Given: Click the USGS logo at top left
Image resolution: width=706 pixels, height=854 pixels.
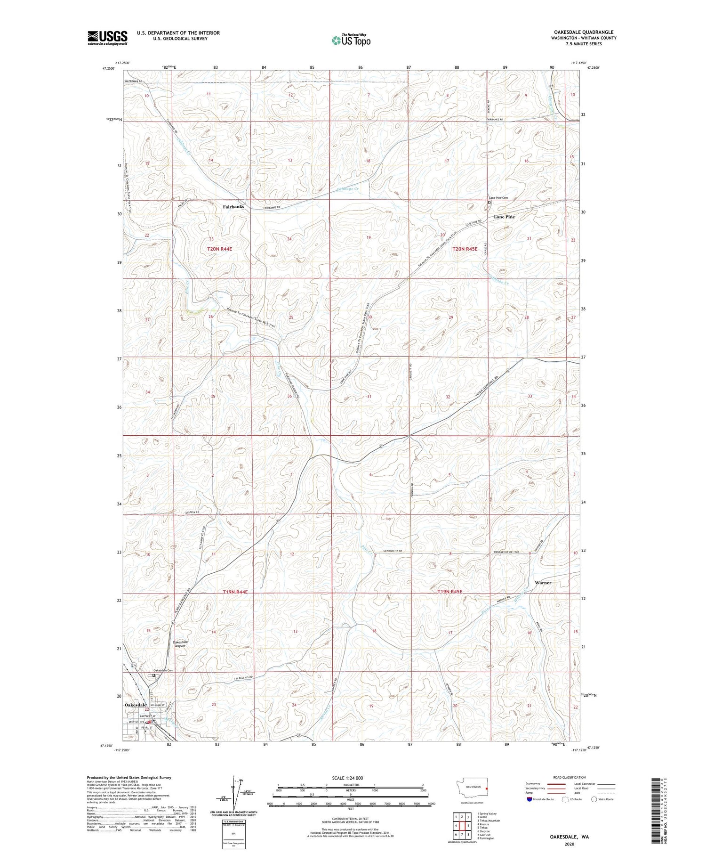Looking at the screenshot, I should coord(107,38).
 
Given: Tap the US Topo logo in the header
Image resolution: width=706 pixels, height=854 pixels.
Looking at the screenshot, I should coord(350,41).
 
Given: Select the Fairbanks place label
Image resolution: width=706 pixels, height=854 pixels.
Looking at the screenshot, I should coord(233,207).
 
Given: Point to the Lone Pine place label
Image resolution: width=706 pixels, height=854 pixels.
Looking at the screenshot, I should coord(504,217).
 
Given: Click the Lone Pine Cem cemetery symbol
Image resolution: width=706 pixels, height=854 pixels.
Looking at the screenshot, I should coord(489,203).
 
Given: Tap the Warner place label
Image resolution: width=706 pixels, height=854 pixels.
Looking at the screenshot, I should coord(543,583).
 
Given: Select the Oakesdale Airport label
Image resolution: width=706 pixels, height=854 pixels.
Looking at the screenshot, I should coord(180,644).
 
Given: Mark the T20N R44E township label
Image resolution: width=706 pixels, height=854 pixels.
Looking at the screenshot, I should coord(220,248).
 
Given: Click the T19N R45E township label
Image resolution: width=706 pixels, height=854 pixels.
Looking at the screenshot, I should coord(450,592).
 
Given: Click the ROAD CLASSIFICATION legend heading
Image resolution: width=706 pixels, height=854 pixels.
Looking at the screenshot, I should coord(570,777).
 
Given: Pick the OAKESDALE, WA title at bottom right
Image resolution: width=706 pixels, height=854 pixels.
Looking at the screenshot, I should coord(570,837).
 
